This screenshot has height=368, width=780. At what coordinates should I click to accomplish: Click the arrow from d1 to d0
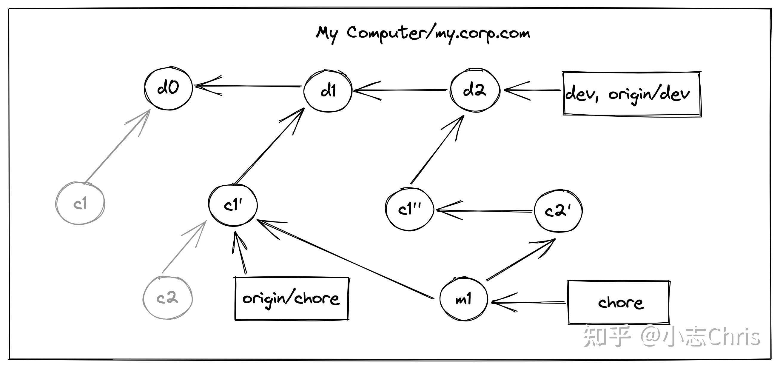click(x=248, y=86)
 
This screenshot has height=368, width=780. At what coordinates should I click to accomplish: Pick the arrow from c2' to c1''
click(x=484, y=211)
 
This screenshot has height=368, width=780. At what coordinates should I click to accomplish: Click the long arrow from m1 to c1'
click(x=345, y=259)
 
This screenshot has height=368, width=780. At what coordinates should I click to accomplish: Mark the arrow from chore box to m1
click(x=528, y=302)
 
